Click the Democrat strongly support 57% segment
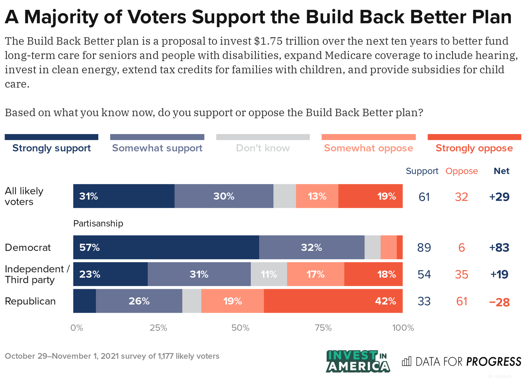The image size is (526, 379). coord(166,247)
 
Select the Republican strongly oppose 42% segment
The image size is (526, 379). coord(333,301)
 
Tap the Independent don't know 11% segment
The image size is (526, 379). coord(269,274)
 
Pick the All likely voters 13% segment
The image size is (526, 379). coord(317,196)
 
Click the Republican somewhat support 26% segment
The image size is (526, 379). coord(139,301)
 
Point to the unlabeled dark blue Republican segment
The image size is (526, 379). coord(85,301)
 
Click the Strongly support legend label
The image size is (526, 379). coord(52,148)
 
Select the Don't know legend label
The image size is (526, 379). coord(263,148)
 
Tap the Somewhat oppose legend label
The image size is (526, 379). coord(368,148)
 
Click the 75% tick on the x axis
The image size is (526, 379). coord(323,328)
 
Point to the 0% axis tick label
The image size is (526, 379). coord(77,328)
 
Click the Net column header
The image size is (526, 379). coord(501,171)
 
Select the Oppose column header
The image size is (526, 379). coord(461,171)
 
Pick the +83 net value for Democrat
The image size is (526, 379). coord(499,247)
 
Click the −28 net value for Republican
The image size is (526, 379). coord(499,302)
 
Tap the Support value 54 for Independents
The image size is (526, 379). coord(424,274)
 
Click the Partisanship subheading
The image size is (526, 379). coord(98,223)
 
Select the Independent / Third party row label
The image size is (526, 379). coord(37,274)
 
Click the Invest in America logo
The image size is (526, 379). coord(358,361)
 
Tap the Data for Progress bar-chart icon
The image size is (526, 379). coord(406,361)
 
